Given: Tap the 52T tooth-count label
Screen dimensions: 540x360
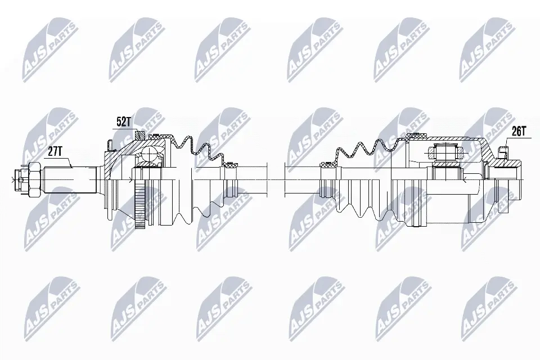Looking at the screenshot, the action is (x=124, y=122).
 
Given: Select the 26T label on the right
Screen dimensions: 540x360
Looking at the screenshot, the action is (x=517, y=131).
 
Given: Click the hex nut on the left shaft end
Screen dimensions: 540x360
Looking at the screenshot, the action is (x=35, y=179).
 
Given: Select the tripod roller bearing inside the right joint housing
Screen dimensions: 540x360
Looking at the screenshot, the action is (x=445, y=151).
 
